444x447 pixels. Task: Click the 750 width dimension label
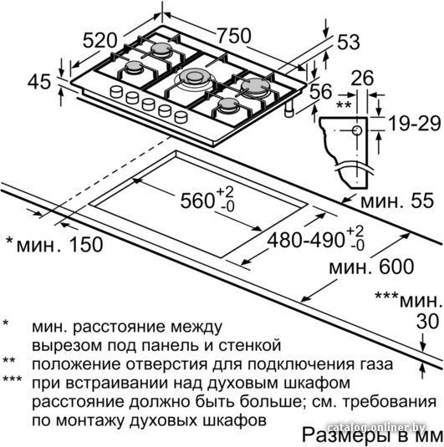[x=234, y=36]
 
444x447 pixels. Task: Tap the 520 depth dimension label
[x=100, y=40]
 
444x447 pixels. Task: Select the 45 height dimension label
[x=39, y=82]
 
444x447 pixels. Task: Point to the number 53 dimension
[x=349, y=42]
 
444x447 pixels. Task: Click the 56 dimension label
[x=321, y=91]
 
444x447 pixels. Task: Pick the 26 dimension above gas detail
[x=362, y=78]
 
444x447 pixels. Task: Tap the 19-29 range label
[x=415, y=124]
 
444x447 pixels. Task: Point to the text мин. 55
[x=397, y=201]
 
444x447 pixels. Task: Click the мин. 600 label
[x=371, y=267]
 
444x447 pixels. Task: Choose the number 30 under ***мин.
[x=427, y=322]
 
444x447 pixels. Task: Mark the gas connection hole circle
[x=357, y=130]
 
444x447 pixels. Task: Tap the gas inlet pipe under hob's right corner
[x=289, y=109]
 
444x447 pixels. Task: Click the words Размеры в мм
[x=371, y=434]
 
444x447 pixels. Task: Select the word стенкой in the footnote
[x=250, y=345]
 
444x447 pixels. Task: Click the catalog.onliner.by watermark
[x=376, y=427]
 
